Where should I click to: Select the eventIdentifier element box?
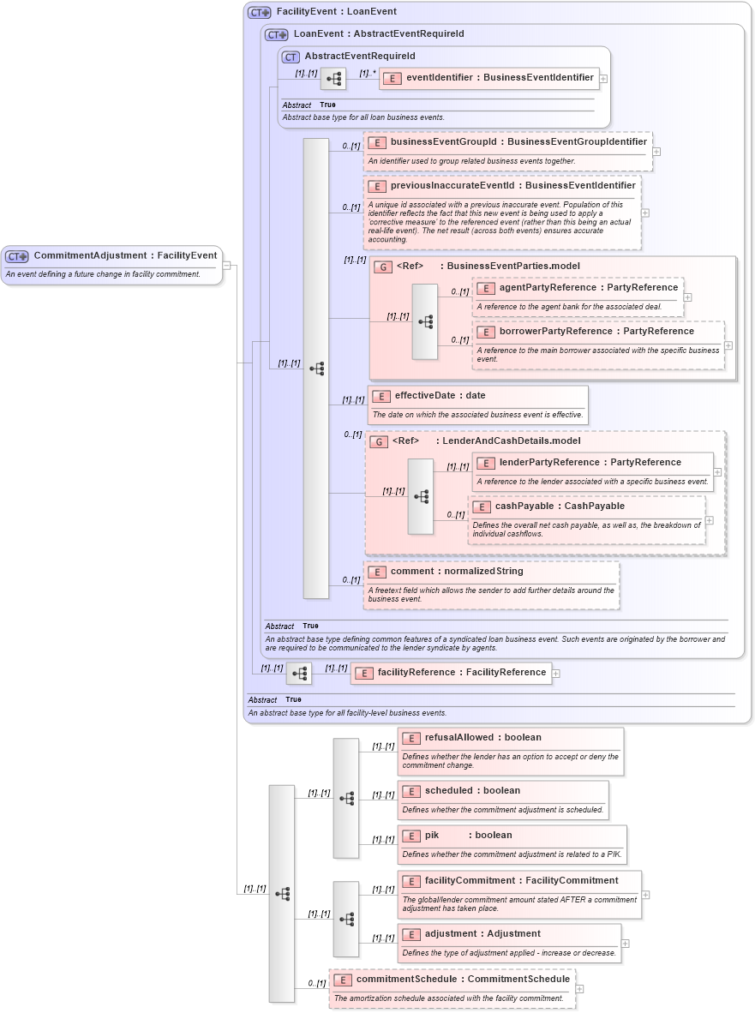[x=499, y=77]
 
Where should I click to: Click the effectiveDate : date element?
[x=440, y=396]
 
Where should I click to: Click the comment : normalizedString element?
[x=456, y=571]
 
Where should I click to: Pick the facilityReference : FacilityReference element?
[x=461, y=672]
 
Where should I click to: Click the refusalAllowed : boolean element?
[x=482, y=737]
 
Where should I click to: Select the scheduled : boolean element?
[x=472, y=790]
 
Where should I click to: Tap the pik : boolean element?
[x=468, y=835]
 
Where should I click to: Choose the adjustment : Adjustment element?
[x=482, y=933]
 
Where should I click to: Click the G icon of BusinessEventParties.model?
[x=383, y=267]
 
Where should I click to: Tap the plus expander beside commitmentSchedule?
[x=580, y=988]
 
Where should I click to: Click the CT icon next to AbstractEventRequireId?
[x=291, y=57]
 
